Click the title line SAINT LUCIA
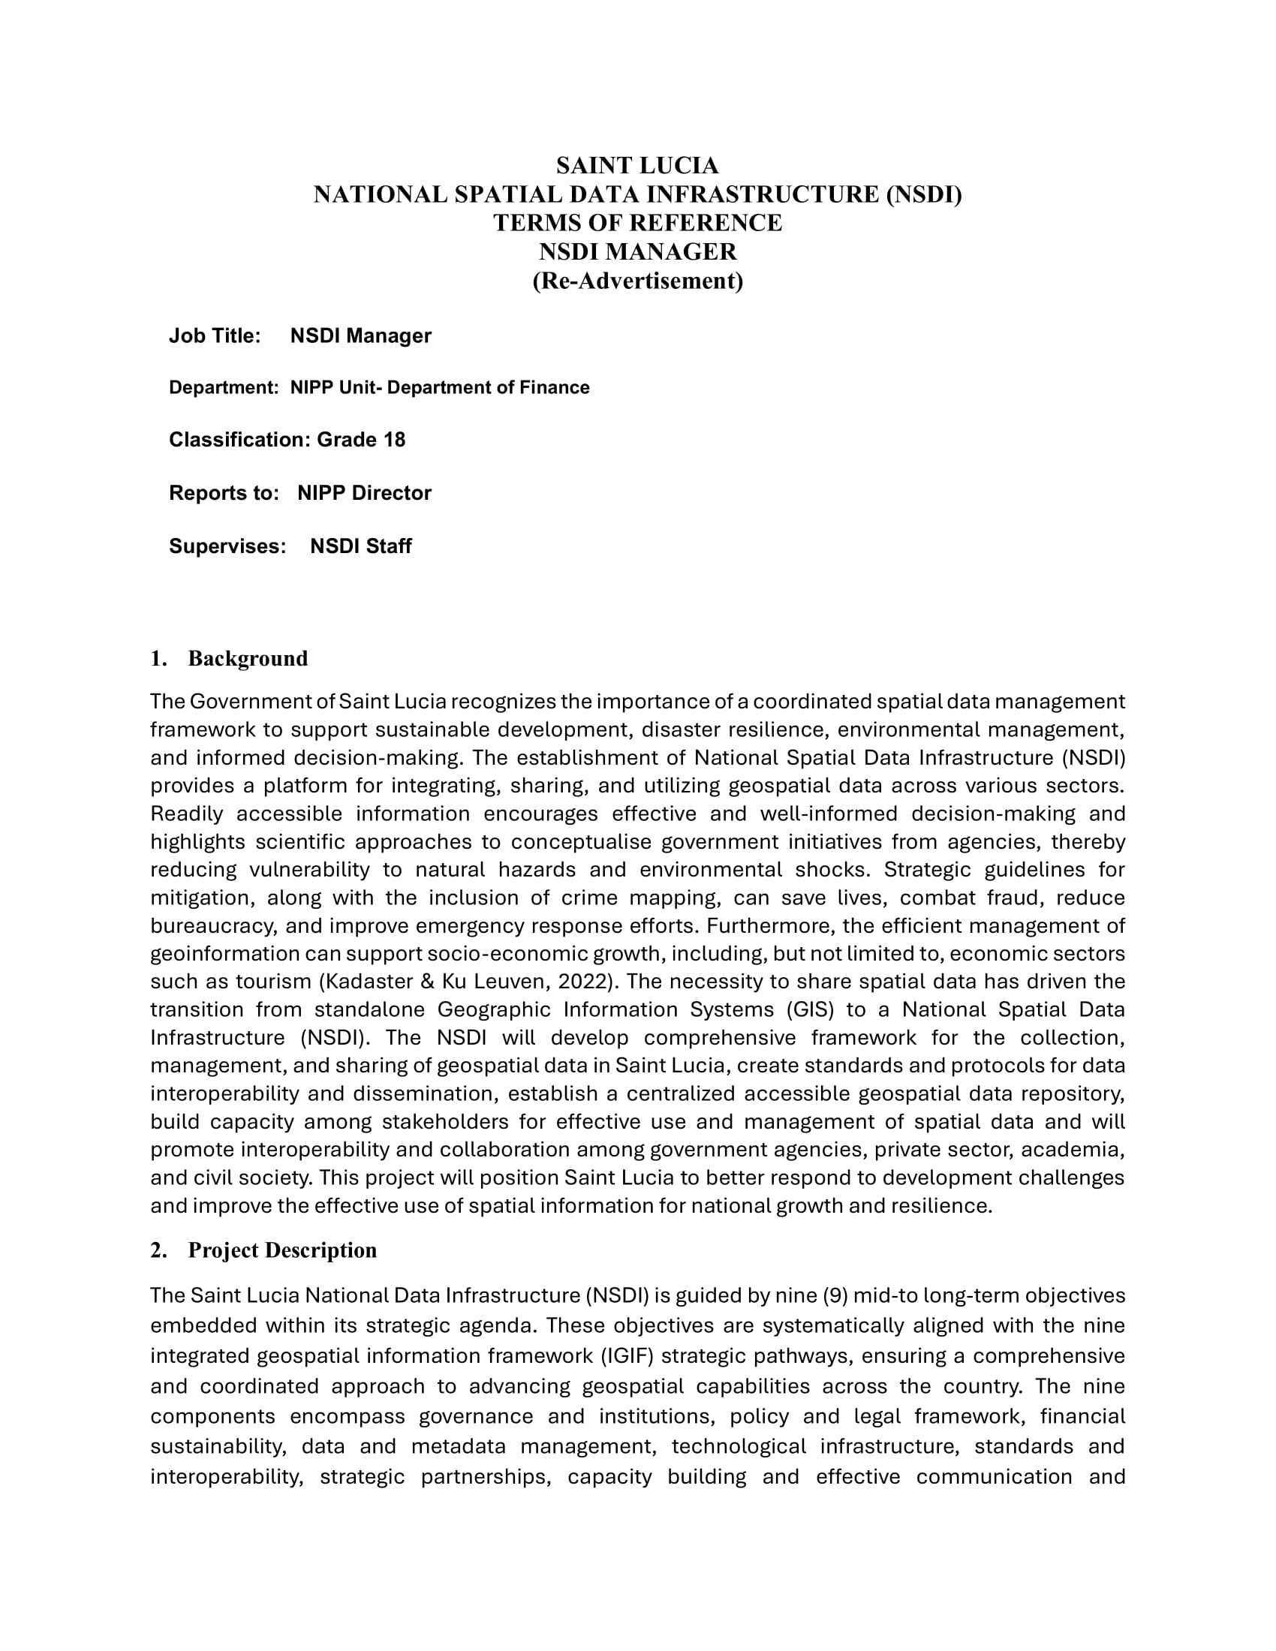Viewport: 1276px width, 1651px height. coord(637,166)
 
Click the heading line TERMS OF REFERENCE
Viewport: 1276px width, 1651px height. coord(637,223)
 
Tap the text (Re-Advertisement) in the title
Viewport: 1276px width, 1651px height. coord(637,281)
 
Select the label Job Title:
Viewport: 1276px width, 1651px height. coord(215,336)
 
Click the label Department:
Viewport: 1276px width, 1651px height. coord(224,388)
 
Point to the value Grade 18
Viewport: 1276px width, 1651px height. coord(360,440)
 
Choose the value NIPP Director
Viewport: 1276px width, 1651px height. coord(363,493)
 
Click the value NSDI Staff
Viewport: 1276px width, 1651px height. coord(360,546)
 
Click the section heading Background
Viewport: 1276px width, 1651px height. coord(248,658)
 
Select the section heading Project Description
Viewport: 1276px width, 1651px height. coord(282,1250)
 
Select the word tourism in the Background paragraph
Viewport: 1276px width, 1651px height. coord(273,982)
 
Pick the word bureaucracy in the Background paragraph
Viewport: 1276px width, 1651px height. coord(208,926)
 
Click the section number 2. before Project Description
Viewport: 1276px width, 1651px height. coord(158,1250)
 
